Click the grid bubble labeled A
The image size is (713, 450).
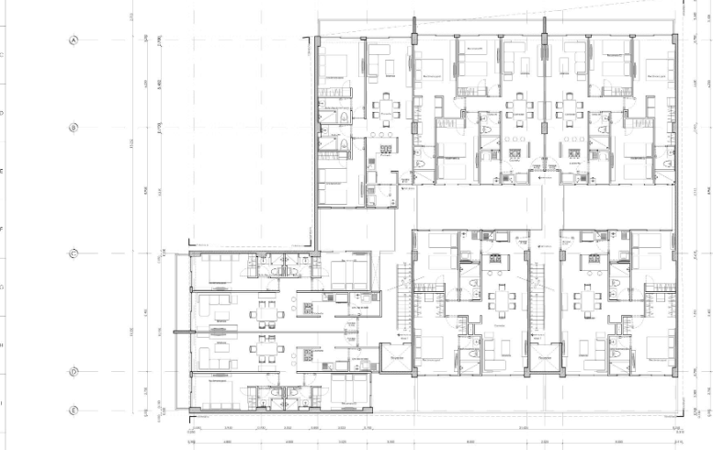pyautogui.click(x=74, y=40)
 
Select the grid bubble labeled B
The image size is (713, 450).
pyautogui.click(x=74, y=128)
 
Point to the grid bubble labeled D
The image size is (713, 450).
pyautogui.click(x=74, y=372)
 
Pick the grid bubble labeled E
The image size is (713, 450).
pyautogui.click(x=74, y=411)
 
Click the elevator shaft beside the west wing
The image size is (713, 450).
pyautogui.click(x=397, y=362)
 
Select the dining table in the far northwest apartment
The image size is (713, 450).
pyautogui.click(x=382, y=109)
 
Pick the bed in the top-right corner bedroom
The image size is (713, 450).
pyautogui.click(x=658, y=66)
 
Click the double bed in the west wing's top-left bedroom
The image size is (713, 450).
pyautogui.click(x=219, y=269)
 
